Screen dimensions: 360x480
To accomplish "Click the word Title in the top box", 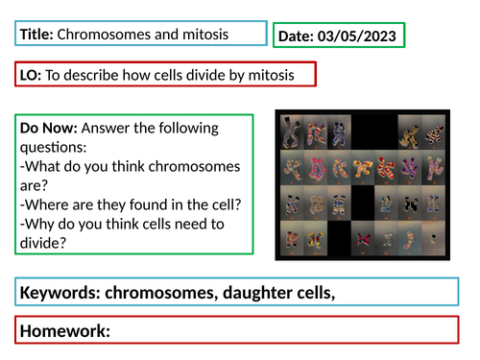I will [x=36, y=35].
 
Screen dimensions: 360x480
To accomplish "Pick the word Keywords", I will [x=63, y=291].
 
